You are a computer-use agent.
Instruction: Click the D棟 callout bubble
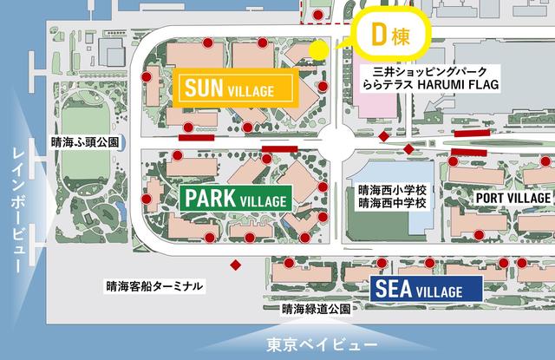[387, 37]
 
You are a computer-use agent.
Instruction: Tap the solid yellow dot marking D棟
[318, 49]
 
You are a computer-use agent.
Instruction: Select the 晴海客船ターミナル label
[155, 285]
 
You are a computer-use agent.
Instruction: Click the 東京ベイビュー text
[312, 341]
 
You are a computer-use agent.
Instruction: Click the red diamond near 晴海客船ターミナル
[235, 265]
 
